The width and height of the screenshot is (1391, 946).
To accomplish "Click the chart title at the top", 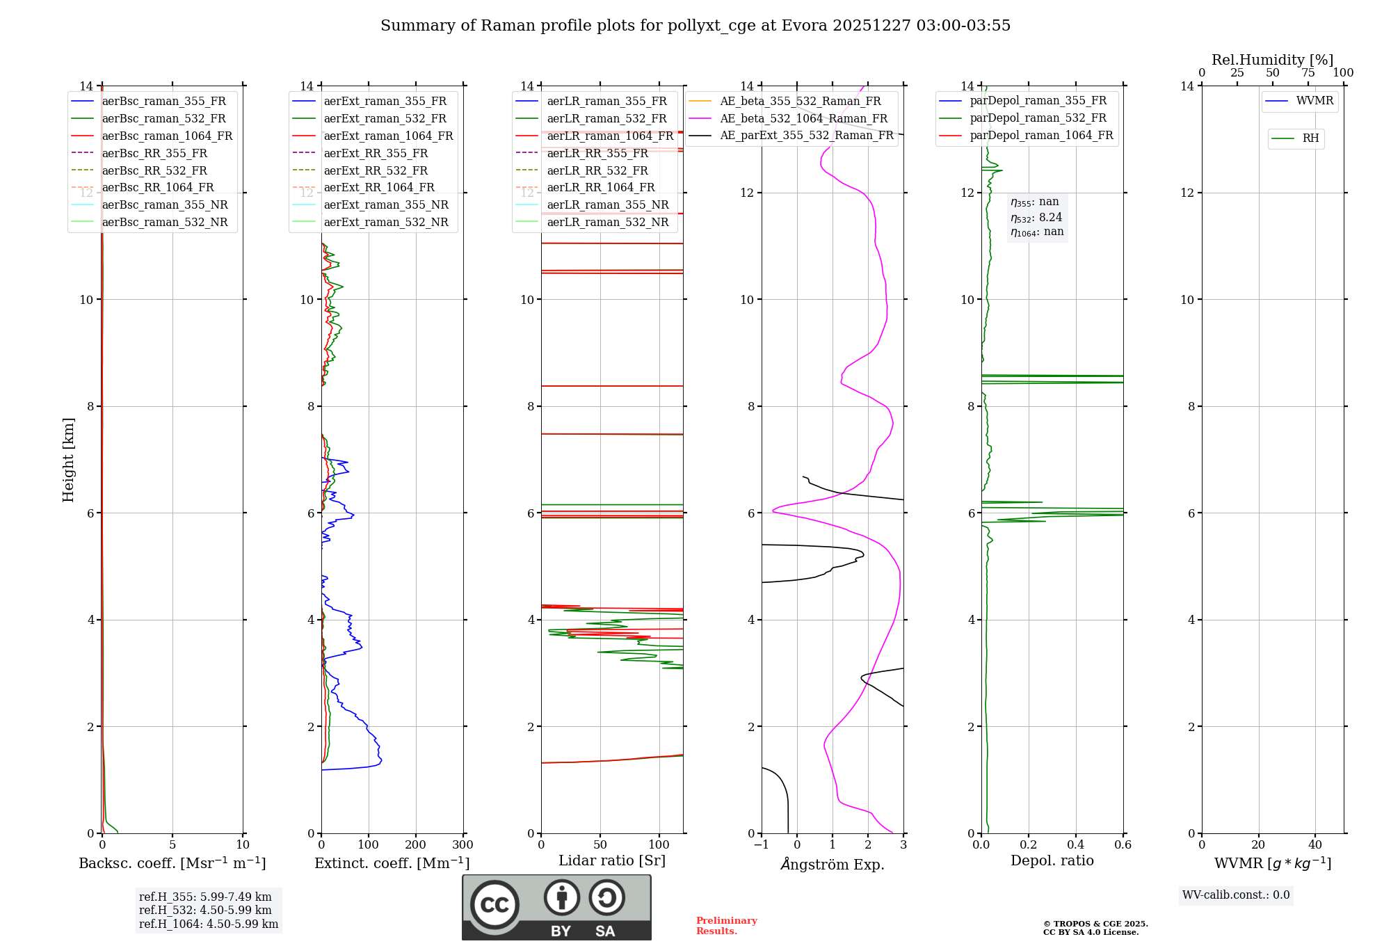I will pyautogui.click(x=695, y=26).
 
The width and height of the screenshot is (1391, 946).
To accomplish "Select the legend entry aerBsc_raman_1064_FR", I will pyautogui.click(x=167, y=136).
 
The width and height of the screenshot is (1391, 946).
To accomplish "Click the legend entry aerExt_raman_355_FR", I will pyautogui.click(x=385, y=101).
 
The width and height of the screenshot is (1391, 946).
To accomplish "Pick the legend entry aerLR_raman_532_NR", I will pyautogui.click(x=607, y=223).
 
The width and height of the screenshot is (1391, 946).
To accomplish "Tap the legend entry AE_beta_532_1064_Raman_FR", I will pyautogui.click(x=803, y=118).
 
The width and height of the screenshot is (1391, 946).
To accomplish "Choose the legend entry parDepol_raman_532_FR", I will pyautogui.click(x=1038, y=118).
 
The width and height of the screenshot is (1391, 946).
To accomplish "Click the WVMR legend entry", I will pyautogui.click(x=1314, y=101).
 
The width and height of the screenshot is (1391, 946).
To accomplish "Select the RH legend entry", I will pyautogui.click(x=1310, y=138).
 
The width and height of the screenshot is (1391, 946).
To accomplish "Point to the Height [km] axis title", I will pyautogui.click(x=68, y=459).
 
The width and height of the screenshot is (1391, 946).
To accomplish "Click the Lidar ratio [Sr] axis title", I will pyautogui.click(x=611, y=860).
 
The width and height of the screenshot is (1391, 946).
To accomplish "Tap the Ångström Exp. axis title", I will pyautogui.click(x=832, y=864).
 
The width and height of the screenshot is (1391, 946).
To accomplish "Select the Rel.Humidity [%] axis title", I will pyautogui.click(x=1272, y=60).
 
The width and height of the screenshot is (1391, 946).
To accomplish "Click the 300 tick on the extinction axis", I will pyautogui.click(x=463, y=845).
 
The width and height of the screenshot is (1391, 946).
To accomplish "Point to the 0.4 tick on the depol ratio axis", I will pyautogui.click(x=1075, y=845).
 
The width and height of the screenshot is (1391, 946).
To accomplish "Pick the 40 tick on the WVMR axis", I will pyautogui.click(x=1314, y=845).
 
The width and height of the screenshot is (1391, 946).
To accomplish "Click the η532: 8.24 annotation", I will pyautogui.click(x=1036, y=218).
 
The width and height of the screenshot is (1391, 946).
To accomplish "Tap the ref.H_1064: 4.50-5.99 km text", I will pyautogui.click(x=208, y=924).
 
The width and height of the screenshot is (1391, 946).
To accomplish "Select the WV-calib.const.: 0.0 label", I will pyautogui.click(x=1236, y=895).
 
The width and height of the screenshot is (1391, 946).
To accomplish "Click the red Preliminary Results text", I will pyautogui.click(x=726, y=926).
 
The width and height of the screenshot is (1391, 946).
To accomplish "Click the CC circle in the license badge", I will pyautogui.click(x=495, y=905).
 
